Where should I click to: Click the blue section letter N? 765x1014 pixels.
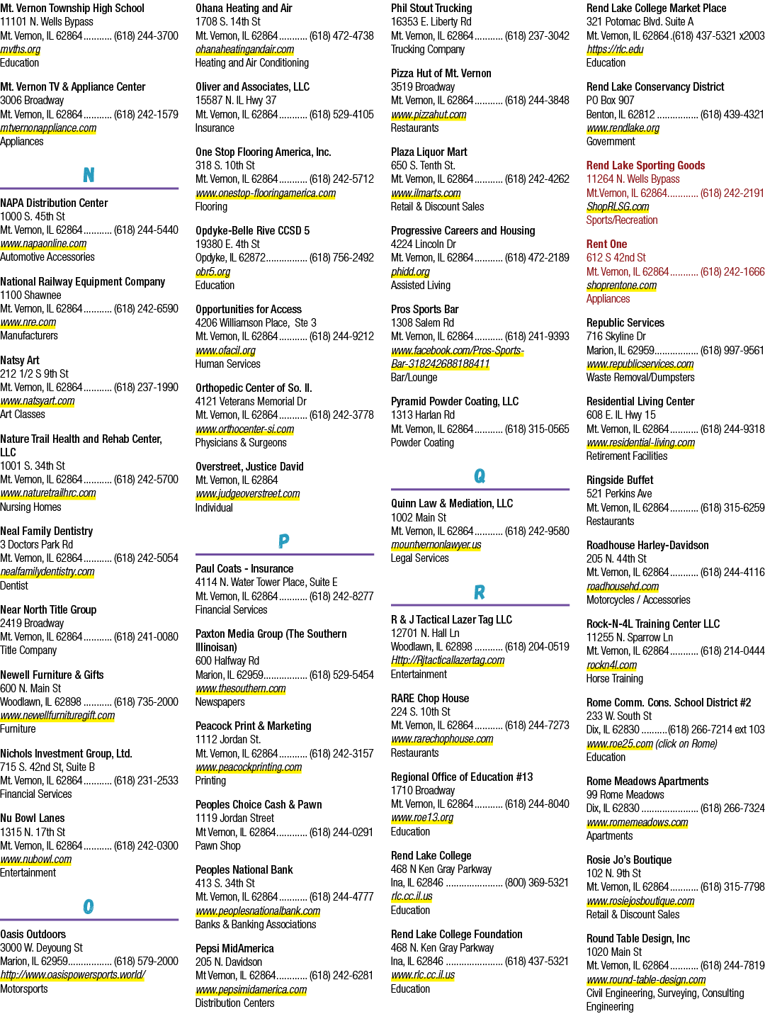[x=89, y=174]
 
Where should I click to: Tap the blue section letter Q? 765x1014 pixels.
[x=480, y=475]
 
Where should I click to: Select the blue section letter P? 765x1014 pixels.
[x=284, y=541]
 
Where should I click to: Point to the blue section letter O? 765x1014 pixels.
[x=89, y=906]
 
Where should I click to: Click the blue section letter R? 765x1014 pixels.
[x=480, y=592]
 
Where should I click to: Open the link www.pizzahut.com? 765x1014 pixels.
[x=429, y=115]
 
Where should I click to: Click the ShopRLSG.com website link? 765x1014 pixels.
[x=618, y=206]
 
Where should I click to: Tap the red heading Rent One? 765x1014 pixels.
[x=606, y=244]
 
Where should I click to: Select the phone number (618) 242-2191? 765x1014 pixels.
[x=732, y=193]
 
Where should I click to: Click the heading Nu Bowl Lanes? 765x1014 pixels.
[x=33, y=818]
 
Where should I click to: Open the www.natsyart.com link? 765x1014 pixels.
[x=38, y=401]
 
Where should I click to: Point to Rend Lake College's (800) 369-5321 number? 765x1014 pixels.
[x=536, y=883]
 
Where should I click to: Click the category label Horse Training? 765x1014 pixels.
[x=615, y=679]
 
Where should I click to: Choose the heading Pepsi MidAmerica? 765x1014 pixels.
[x=234, y=948]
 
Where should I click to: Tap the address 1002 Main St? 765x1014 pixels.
[x=419, y=517]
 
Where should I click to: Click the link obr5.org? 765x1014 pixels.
[x=212, y=271]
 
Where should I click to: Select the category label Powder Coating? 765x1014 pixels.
[x=422, y=443]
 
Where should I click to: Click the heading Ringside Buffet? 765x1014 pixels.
[x=620, y=480]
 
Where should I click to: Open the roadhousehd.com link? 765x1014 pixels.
[x=623, y=586]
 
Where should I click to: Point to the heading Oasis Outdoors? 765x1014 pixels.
[x=33, y=934]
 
